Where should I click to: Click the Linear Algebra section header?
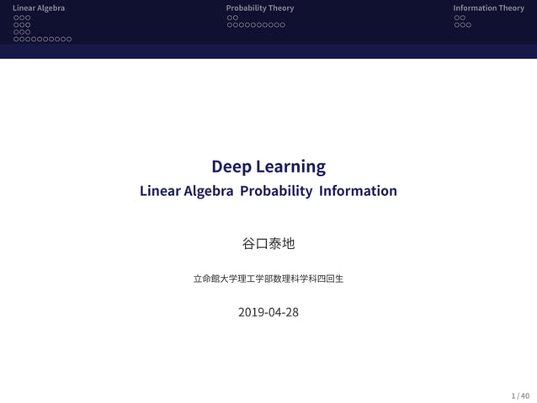click(39, 8)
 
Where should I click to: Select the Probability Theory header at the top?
click(260, 8)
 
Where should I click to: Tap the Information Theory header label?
click(488, 8)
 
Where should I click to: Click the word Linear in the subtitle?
click(160, 191)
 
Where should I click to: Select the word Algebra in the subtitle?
click(208, 191)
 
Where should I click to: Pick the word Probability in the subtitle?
click(276, 191)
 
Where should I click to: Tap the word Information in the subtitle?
click(358, 191)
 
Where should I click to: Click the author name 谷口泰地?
click(268, 243)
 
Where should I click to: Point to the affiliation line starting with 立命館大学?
click(268, 278)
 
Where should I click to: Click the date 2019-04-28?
click(268, 312)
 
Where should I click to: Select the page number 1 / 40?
click(520, 395)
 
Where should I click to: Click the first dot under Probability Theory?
click(230, 18)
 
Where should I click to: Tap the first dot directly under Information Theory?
click(457, 18)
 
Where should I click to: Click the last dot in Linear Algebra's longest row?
click(68, 40)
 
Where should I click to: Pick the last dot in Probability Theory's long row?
click(282, 25)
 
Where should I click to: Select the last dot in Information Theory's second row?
click(469, 25)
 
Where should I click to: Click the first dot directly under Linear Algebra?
click(16, 18)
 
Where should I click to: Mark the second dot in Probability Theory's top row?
click(236, 18)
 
